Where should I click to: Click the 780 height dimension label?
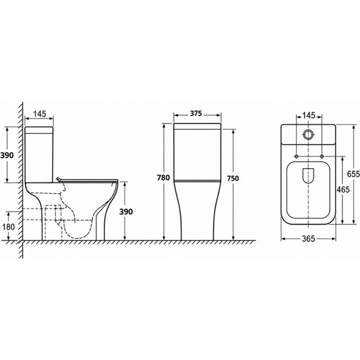point(163,178)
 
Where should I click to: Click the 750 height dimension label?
point(233,178)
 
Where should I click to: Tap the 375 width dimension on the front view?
point(196,113)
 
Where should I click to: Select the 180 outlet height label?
point(8,227)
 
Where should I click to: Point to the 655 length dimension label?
point(353,174)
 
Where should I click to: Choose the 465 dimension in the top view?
point(343,190)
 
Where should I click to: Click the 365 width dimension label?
point(308,239)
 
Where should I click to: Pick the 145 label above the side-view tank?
point(40,114)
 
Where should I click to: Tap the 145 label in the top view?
point(309,115)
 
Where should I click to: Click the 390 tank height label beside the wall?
point(7,155)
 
